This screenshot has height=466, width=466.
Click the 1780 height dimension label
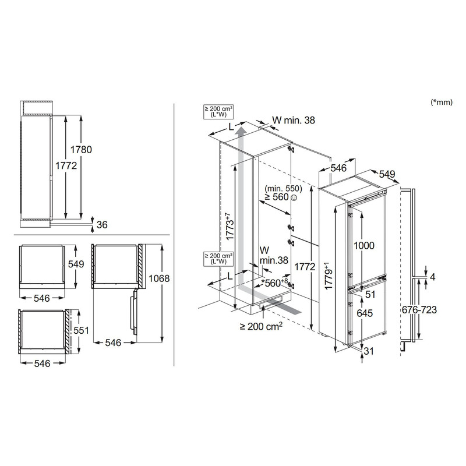[81, 150]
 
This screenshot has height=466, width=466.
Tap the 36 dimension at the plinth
[102, 225]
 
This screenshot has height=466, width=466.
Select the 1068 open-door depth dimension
[159, 278]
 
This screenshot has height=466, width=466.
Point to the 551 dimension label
[82, 330]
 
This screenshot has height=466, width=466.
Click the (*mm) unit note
[442, 103]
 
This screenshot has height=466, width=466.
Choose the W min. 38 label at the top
[294, 120]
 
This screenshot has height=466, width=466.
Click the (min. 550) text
[283, 188]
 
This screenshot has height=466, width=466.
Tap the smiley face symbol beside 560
[294, 197]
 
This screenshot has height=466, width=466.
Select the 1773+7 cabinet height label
[230, 227]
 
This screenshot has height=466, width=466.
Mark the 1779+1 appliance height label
[328, 276]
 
